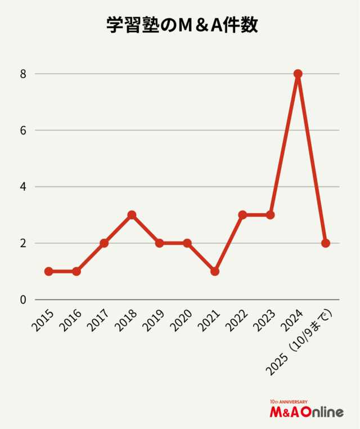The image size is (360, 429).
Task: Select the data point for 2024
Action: click(x=298, y=74)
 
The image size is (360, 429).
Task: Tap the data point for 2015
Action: click(x=48, y=271)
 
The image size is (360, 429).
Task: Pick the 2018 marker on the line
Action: click(x=132, y=215)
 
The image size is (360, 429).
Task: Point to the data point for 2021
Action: click(x=215, y=271)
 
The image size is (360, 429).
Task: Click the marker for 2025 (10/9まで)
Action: click(x=326, y=243)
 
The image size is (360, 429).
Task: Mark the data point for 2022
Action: click(x=242, y=215)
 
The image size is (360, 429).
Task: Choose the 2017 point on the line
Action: click(x=104, y=243)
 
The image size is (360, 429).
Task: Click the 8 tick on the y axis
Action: click(x=23, y=74)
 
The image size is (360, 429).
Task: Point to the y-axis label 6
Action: click(x=23, y=130)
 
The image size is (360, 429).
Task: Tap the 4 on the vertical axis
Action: click(x=23, y=187)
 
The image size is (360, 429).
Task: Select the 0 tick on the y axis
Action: click(x=23, y=300)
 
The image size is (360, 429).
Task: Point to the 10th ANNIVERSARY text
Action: click(x=289, y=402)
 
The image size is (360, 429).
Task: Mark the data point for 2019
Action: click(x=159, y=243)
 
